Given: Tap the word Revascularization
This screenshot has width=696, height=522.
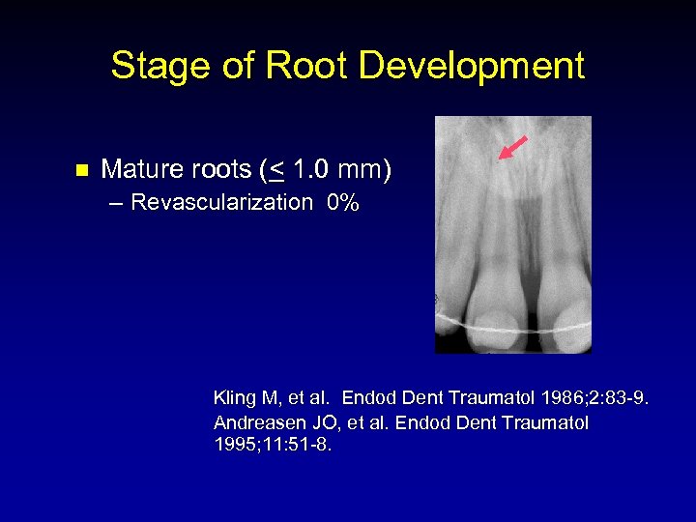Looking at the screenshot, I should point(221,202).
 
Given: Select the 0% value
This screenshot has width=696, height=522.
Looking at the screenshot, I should point(343,202).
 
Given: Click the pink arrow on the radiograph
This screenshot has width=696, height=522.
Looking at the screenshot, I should point(512,148).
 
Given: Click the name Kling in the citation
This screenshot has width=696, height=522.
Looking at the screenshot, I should point(233,397).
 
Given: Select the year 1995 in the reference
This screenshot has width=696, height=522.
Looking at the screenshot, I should point(233,447).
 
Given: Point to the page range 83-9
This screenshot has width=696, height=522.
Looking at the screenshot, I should point(632,397).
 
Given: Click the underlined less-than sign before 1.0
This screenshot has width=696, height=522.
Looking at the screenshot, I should point(276,171).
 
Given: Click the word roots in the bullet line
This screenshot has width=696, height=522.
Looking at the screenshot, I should point(211,170).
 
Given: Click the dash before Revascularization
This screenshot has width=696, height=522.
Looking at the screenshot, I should point(117,202).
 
